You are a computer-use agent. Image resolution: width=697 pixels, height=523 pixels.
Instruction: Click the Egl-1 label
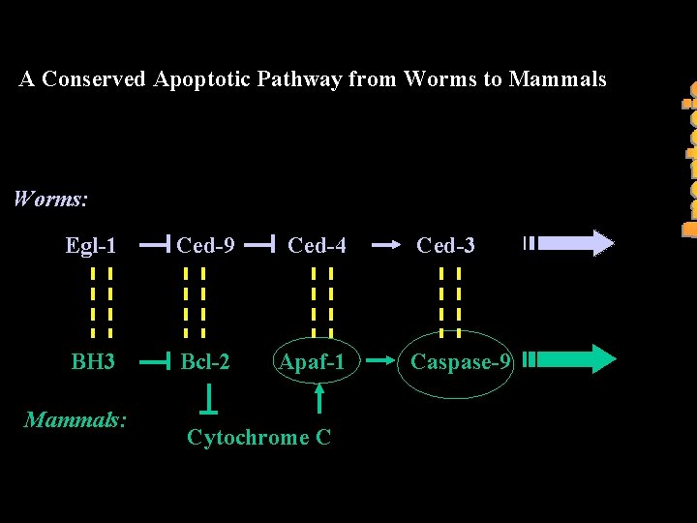[91, 246]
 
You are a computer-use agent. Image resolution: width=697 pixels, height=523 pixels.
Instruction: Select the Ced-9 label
[205, 246]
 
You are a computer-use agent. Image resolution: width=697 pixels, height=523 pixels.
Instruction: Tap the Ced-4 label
[317, 246]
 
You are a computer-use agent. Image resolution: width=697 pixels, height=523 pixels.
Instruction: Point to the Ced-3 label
[445, 246]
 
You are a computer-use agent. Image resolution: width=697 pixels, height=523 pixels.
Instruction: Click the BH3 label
[93, 362]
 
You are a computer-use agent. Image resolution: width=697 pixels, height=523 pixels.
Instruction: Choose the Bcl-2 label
[205, 362]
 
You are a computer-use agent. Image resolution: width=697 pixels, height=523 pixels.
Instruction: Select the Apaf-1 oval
[313, 362]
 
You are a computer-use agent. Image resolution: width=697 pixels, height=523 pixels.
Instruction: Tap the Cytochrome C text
[258, 438]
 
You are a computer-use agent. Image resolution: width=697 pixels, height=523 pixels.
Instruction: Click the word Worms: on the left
[50, 200]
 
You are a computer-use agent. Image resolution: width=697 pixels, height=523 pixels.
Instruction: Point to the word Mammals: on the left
[76, 419]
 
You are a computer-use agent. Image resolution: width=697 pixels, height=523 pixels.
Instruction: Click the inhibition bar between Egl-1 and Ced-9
[155, 246]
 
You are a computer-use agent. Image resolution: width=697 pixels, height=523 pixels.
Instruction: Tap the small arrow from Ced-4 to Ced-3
[385, 246]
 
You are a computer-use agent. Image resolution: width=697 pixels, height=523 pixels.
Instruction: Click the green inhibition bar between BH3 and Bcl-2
[155, 362]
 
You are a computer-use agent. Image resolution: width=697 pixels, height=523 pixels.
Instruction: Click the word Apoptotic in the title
[201, 79]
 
